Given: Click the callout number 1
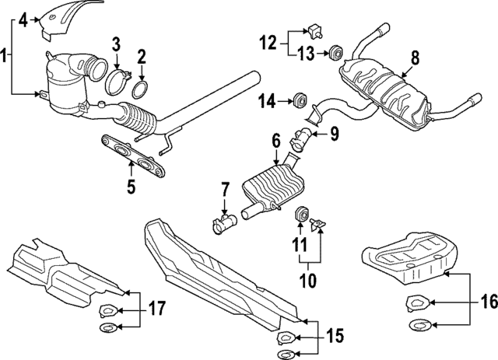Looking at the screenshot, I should coord(5,56).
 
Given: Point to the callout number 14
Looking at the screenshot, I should coord(268,99).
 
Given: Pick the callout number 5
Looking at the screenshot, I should coord(131,186).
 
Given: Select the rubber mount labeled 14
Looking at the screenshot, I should coord(297,99).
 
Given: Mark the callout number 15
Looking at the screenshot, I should coord(334,336).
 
